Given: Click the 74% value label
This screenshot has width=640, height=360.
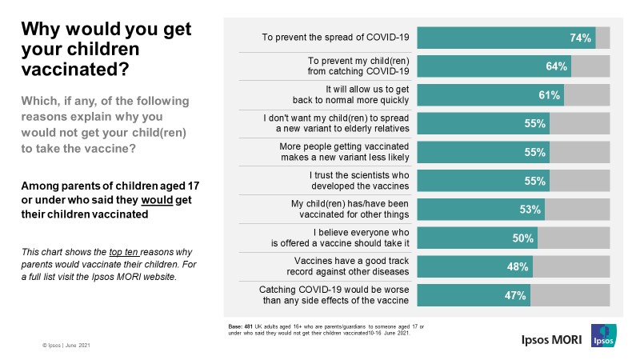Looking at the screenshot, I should (x=581, y=38).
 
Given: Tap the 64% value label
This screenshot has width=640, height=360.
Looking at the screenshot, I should (x=557, y=66).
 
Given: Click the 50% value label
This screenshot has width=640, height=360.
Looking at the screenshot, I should (x=524, y=239).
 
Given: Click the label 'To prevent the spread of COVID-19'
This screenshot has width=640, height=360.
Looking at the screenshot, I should (x=336, y=38).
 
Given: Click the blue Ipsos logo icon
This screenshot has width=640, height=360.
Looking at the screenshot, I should (x=602, y=335).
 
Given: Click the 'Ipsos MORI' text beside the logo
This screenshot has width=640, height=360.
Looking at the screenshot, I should (x=547, y=338).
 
